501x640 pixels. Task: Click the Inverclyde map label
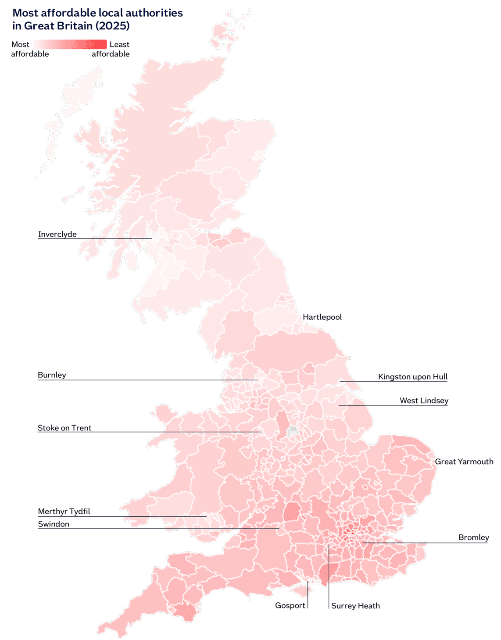(x=57, y=234)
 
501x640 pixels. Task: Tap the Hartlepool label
(x=322, y=317)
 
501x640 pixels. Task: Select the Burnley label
(x=52, y=375)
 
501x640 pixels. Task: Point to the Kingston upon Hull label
(x=412, y=377)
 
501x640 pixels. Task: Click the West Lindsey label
(x=424, y=400)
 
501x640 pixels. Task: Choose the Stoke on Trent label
(x=64, y=428)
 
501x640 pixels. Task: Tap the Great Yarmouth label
(x=464, y=461)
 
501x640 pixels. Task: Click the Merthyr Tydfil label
(x=64, y=511)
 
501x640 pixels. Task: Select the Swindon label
(x=54, y=524)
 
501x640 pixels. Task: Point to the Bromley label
(x=473, y=537)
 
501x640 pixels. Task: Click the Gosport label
(x=290, y=606)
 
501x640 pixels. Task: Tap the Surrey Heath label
(x=355, y=606)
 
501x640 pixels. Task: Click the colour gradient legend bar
(x=70, y=44)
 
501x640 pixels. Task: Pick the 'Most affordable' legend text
(x=29, y=49)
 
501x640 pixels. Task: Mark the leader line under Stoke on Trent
(x=149, y=432)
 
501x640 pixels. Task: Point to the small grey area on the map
(x=293, y=431)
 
